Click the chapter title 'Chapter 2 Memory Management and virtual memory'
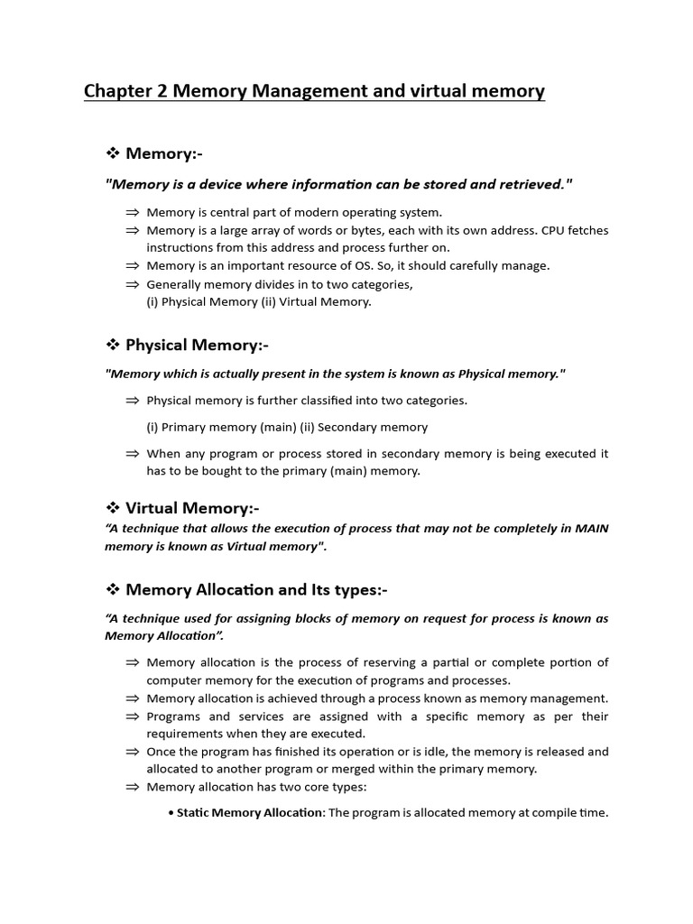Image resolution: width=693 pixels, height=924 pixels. point(314,91)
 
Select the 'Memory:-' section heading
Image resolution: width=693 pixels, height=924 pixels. point(171,154)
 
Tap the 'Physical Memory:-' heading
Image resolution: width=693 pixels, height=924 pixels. point(197,345)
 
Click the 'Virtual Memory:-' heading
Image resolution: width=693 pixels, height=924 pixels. point(192,507)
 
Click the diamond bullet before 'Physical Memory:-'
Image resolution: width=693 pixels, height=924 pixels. point(114,345)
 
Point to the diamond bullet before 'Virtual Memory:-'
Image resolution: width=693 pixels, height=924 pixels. point(114,507)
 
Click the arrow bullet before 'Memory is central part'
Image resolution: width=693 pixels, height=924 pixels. point(133,213)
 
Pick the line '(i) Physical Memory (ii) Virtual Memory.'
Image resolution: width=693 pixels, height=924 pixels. point(259,301)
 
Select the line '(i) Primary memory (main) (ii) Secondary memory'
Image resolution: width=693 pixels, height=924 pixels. point(287,427)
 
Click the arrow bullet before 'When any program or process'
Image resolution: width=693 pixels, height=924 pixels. point(133,454)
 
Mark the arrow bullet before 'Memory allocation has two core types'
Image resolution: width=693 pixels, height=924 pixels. point(133,787)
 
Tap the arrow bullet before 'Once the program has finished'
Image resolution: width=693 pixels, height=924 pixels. point(133,752)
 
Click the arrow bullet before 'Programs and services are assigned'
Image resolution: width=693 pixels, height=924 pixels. point(133,716)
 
